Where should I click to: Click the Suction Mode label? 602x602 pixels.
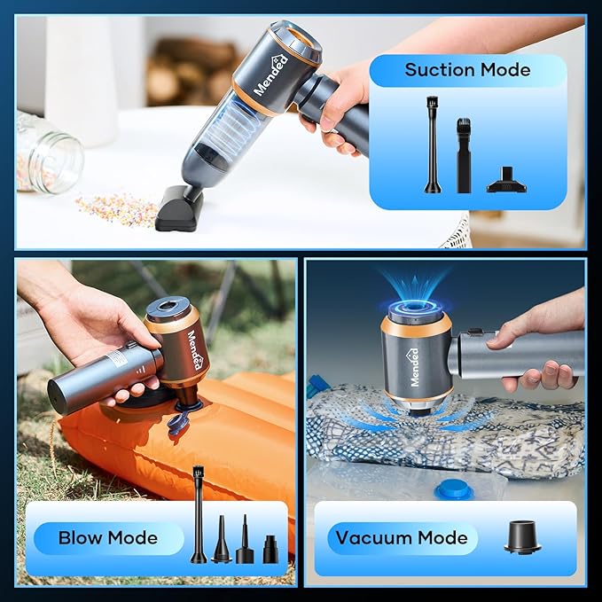click(x=467, y=70)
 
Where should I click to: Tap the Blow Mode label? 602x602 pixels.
click(x=108, y=538)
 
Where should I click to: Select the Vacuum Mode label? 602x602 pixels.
click(x=402, y=538)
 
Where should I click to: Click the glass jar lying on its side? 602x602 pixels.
click(x=48, y=153)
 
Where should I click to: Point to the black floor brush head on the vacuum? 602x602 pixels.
click(x=178, y=208)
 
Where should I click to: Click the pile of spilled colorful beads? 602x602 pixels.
click(x=116, y=208)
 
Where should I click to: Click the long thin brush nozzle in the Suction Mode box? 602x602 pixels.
click(x=433, y=145)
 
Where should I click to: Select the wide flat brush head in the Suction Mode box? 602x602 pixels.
click(x=506, y=181)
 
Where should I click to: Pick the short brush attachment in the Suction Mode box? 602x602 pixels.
click(x=464, y=155)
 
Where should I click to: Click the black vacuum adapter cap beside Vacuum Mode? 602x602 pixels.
click(x=522, y=536)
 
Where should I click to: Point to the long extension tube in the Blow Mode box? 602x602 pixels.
click(x=198, y=513)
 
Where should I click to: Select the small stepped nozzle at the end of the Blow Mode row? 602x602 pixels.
click(x=270, y=550)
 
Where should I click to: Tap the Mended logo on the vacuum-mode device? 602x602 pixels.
click(x=414, y=367)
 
